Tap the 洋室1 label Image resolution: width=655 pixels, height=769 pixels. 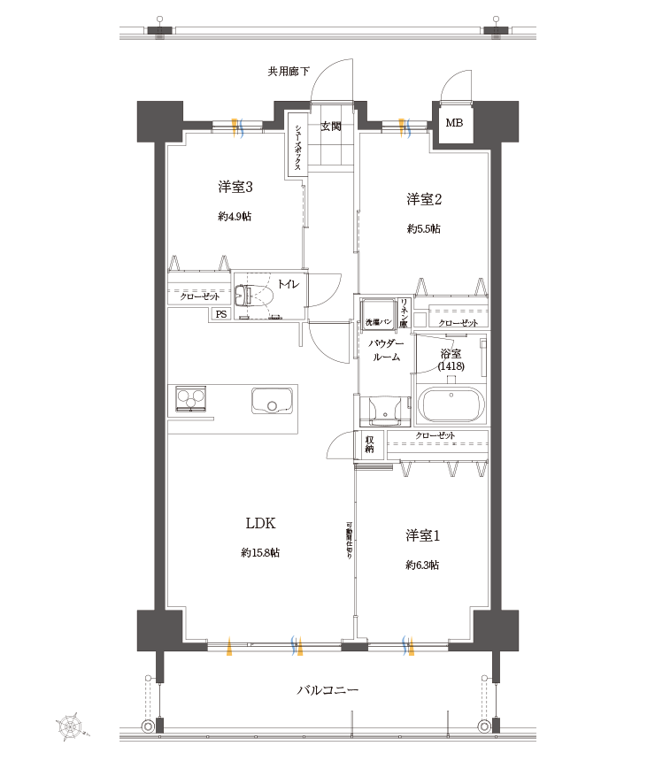423,536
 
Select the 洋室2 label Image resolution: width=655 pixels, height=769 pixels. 424,198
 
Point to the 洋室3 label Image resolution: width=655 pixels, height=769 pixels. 235,187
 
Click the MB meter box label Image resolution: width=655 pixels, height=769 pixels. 453,123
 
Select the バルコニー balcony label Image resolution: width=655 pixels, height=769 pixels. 327,690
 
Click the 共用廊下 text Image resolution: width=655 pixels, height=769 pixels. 289,72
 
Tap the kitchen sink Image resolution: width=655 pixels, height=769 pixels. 273,401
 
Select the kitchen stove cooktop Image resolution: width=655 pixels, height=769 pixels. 190,399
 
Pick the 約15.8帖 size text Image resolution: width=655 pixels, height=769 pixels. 260,553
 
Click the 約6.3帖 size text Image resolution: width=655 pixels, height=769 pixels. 423,565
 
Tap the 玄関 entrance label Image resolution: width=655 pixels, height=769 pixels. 330,127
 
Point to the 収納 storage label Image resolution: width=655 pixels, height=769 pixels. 369,442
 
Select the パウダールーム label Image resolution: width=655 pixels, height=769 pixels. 386,350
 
